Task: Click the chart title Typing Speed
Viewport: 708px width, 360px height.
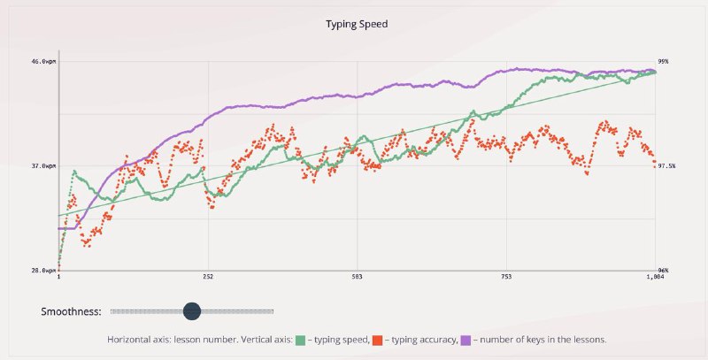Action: [x=354, y=25]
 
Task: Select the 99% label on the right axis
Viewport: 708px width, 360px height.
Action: [x=663, y=62]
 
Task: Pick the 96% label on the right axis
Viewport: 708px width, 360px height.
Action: [x=663, y=271]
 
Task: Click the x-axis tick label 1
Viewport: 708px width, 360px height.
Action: [x=59, y=278]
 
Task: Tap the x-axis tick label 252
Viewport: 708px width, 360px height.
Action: [x=208, y=278]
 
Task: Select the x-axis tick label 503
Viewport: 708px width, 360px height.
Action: [x=357, y=278]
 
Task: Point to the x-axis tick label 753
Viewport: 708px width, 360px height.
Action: [x=505, y=278]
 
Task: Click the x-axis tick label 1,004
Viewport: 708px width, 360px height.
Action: [x=654, y=278]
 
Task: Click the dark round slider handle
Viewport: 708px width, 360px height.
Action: [x=192, y=311]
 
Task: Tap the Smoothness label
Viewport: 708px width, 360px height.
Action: [x=71, y=311]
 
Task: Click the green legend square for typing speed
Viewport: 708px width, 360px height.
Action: [x=301, y=339]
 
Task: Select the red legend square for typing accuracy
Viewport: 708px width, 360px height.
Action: [x=378, y=339]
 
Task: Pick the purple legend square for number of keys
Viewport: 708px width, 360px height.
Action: [x=465, y=339]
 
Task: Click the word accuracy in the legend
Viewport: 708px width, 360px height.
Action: [x=436, y=339]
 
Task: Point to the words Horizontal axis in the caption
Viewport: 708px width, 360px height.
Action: [x=138, y=339]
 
